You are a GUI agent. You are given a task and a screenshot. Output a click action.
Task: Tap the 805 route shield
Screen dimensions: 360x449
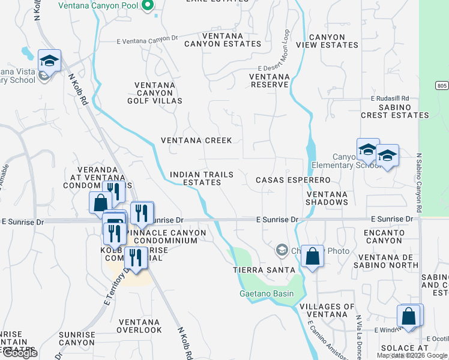[x=442, y=86]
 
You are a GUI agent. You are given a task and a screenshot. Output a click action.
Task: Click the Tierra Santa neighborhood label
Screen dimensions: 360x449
[x=256, y=270]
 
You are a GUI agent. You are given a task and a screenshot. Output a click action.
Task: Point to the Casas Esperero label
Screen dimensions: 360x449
[x=293, y=180]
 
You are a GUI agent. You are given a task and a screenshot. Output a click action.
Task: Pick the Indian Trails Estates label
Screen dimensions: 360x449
[x=201, y=178]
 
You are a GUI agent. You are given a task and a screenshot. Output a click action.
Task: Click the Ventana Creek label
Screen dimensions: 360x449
[x=196, y=140]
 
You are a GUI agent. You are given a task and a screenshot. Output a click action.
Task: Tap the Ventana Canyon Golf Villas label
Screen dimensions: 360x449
[x=154, y=93]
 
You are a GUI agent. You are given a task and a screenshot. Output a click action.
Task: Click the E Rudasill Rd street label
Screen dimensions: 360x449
[x=390, y=98]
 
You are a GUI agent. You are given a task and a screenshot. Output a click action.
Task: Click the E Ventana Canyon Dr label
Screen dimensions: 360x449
[x=148, y=38]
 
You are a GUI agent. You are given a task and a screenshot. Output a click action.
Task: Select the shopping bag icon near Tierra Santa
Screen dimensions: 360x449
[x=312, y=256]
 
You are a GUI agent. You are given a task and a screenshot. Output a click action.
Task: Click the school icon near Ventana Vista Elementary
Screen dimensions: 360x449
[x=49, y=60]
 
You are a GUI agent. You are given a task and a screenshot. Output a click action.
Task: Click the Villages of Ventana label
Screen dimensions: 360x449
[x=327, y=311]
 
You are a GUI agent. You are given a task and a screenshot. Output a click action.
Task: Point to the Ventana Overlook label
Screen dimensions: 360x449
[x=139, y=326]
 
